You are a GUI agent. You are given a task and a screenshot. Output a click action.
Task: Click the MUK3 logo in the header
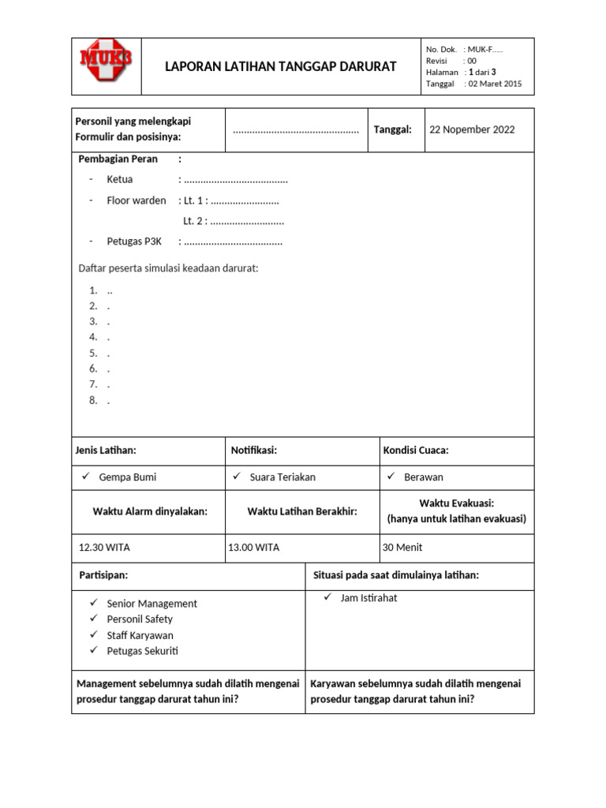tap(106, 60)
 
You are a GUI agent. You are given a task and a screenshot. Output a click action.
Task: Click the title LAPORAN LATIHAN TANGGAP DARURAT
tap(280, 66)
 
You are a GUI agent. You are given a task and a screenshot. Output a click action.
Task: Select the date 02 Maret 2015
tap(495, 84)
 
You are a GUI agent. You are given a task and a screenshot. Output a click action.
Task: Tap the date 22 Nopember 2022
tap(472, 129)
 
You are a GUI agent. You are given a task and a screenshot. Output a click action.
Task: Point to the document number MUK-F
tap(485, 50)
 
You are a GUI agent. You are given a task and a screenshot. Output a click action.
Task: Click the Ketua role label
tap(120, 180)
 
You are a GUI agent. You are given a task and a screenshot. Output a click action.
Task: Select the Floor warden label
tap(137, 200)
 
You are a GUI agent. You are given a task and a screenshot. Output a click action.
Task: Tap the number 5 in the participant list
tap(93, 353)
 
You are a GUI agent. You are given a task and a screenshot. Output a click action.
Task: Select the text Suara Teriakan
tap(282, 477)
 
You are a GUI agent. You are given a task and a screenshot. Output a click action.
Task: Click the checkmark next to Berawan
tap(391, 477)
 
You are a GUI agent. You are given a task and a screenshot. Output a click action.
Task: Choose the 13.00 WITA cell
tap(253, 548)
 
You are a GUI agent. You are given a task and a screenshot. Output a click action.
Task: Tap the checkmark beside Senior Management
tap(94, 603)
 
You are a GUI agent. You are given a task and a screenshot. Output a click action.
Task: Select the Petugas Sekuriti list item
tap(142, 651)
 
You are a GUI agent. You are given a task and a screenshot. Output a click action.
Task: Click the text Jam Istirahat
tap(368, 598)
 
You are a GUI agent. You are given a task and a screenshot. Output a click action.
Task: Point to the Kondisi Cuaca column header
tap(417, 451)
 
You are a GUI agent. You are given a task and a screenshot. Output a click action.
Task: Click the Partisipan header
tap(103, 575)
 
